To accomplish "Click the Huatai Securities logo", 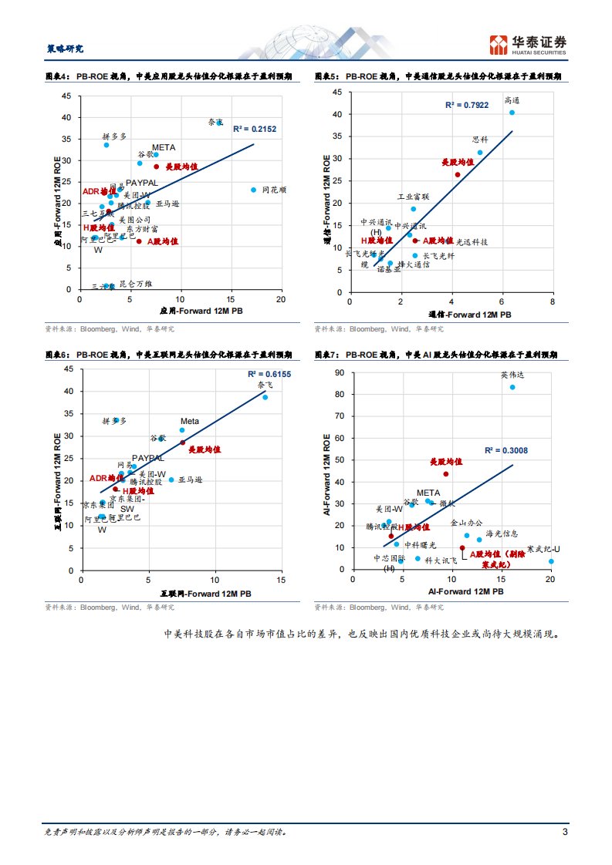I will pos(529,45).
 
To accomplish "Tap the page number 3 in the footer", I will pos(565,832).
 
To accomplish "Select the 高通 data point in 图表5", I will pos(512,113).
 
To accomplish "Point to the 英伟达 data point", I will pos(512,387).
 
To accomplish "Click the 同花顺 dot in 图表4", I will pos(253,190).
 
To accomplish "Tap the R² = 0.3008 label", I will pos(506,450).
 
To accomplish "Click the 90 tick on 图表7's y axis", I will pos(340,372).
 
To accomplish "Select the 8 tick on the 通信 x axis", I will pos(553,303).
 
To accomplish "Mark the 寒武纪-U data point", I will pos(551,561).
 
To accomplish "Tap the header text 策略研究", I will pos(60,49).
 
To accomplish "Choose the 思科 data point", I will pos(480,153).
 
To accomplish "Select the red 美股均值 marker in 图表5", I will pos(457,175).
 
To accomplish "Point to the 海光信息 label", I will pos(502,533).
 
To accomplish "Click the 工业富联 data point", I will pos(413,209).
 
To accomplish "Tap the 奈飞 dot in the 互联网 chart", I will pos(265,397).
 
